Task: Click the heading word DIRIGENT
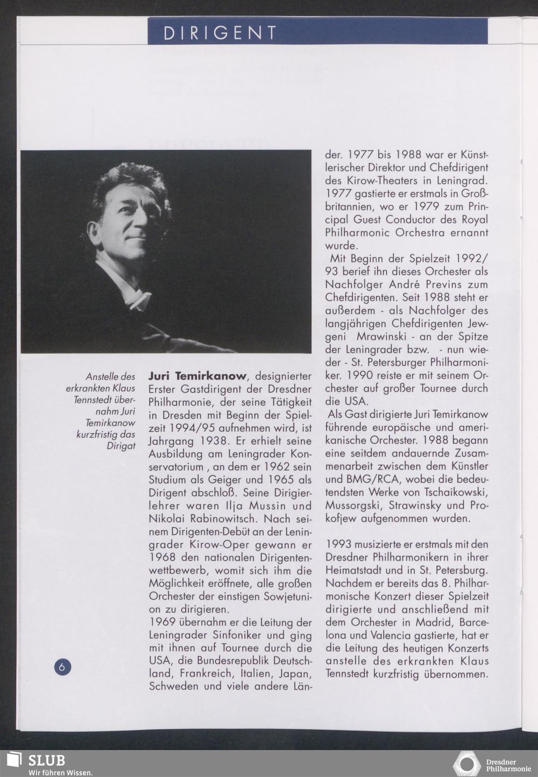pyautogui.click(x=221, y=33)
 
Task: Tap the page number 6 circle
pyautogui.click(x=62, y=667)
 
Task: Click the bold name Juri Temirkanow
pyautogui.click(x=197, y=376)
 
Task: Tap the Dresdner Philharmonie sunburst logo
pyautogui.click(x=466, y=765)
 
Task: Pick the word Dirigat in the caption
pyautogui.click(x=121, y=446)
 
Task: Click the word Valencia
pyautogui.click(x=386, y=635)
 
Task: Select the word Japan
pyautogui.click(x=295, y=674)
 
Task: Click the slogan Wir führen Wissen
pyautogui.click(x=61, y=772)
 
